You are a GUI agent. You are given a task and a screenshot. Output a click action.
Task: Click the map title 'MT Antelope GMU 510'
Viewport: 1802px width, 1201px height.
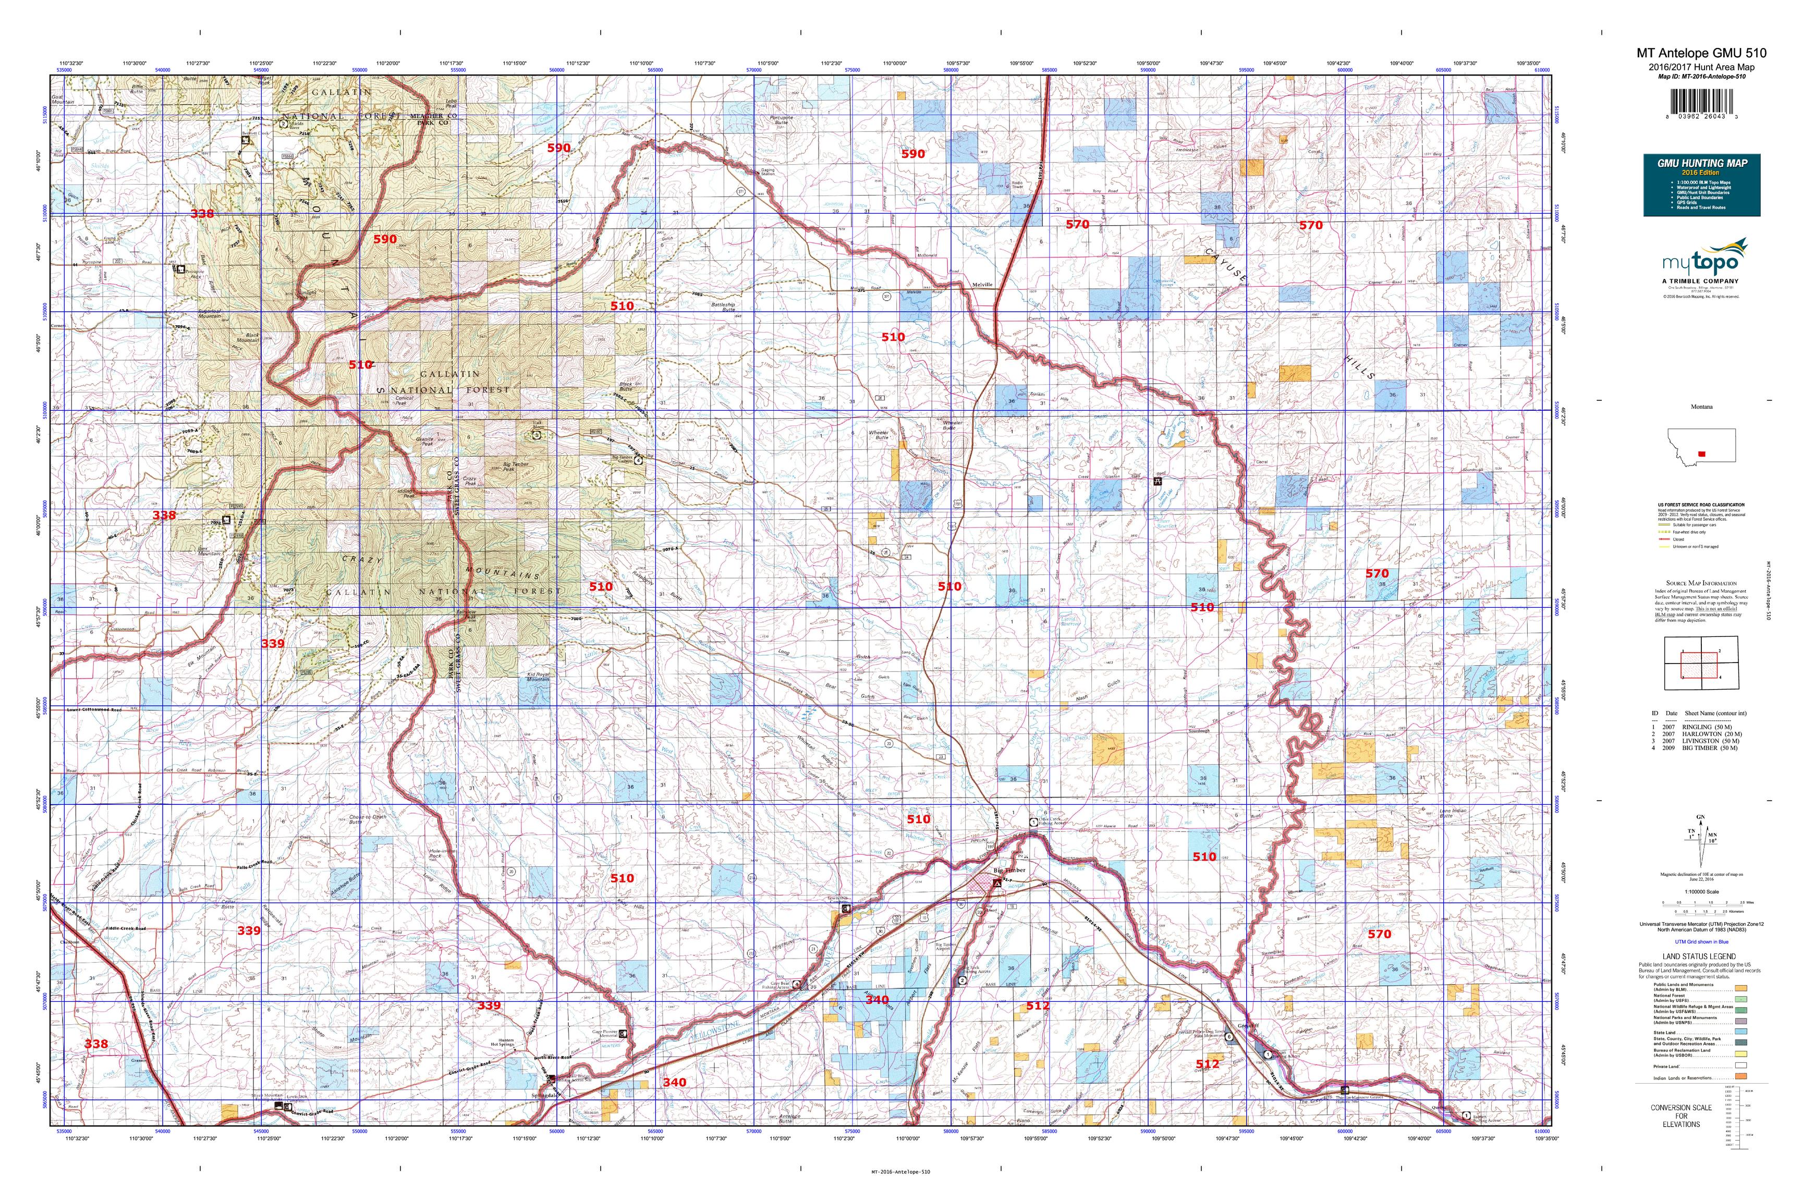(1701, 53)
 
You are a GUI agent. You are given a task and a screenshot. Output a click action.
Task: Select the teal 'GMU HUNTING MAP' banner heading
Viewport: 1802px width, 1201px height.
(1701, 163)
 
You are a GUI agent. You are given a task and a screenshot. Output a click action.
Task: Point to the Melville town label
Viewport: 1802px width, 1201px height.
(982, 284)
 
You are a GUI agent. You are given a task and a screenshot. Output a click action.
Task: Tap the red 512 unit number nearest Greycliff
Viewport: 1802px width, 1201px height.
(1207, 1064)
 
